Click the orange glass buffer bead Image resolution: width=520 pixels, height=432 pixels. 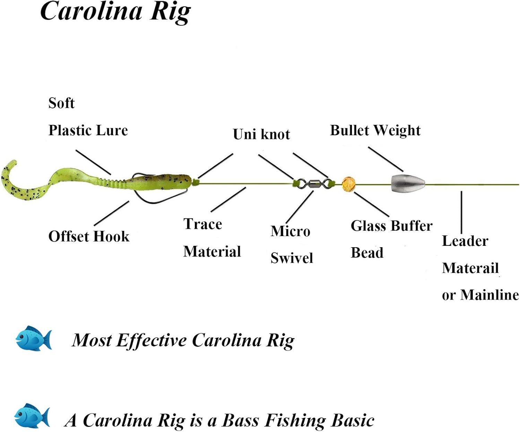point(348,184)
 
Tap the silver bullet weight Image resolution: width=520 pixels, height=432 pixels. point(408,184)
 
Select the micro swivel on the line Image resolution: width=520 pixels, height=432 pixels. point(313,184)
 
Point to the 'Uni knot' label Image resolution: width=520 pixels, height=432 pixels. point(261,134)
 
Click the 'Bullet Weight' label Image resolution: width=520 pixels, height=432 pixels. point(375,130)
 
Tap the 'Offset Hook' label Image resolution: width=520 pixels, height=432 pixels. point(89,236)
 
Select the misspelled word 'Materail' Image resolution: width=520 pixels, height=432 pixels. point(470,268)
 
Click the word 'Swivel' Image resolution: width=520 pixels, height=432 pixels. point(292,258)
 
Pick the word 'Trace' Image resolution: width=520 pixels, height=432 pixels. point(203,224)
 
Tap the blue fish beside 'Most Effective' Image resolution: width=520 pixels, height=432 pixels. point(34,338)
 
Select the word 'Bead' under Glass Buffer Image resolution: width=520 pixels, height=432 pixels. point(367,253)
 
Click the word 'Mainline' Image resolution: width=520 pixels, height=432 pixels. point(489,295)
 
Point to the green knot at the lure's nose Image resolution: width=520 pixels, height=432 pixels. point(195,182)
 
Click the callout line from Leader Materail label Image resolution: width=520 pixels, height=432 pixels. point(461,212)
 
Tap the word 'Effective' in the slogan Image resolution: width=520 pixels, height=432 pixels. point(151,340)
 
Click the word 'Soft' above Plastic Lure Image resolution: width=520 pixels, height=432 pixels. point(61,103)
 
